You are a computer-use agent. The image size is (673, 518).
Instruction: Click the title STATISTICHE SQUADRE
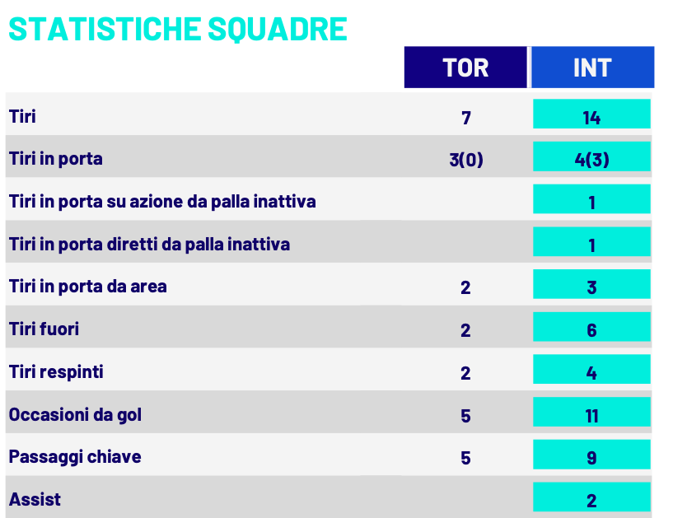pos(177,28)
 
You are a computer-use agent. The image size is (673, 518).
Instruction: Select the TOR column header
pos(465,68)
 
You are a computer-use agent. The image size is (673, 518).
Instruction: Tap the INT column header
pos(592,68)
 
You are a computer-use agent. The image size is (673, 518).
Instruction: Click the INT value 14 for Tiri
pos(591,117)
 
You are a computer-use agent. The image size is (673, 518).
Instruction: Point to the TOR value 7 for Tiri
pos(466,118)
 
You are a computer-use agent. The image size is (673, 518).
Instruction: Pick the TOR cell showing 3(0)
pos(466,160)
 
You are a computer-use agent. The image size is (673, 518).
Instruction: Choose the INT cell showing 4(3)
pos(591,160)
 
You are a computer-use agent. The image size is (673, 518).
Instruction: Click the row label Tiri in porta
pos(56,158)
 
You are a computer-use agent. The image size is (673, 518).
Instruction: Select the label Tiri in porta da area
pos(88,287)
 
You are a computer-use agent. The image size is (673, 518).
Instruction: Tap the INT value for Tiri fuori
pos(591,330)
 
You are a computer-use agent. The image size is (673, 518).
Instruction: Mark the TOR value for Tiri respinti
pos(466,373)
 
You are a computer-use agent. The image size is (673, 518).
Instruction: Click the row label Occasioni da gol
pos(75,414)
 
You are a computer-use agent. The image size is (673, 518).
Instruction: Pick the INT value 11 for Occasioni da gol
pos(591,416)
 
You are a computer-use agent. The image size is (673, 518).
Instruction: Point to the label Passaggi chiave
pos(75,457)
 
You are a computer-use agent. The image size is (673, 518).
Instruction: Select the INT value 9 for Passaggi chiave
pos(591,458)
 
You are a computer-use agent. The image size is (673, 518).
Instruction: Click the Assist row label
pos(35,499)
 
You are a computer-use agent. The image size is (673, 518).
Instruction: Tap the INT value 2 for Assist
pos(591,501)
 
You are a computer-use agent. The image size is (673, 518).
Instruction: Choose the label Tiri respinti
pos(56,372)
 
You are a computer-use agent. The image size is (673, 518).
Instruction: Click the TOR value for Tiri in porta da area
pos(466,287)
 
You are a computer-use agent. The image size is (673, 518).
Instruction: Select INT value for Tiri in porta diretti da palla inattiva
pos(591,245)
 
